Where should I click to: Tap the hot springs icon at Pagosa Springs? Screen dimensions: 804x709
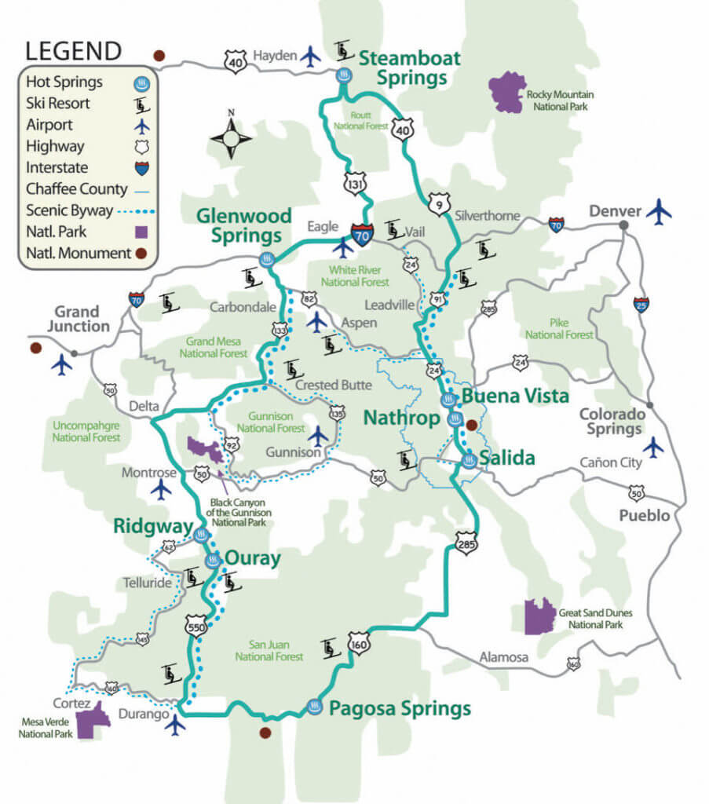click(x=315, y=707)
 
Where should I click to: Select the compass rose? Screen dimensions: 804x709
click(x=231, y=138)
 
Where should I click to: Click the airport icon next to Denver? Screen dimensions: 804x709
click(x=660, y=211)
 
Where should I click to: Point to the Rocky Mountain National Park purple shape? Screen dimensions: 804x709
click(x=507, y=91)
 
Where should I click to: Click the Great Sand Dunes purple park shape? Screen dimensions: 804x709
click(x=539, y=616)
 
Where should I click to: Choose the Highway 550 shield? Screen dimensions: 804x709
click(x=196, y=626)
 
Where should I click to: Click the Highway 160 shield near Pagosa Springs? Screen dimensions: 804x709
click(x=359, y=643)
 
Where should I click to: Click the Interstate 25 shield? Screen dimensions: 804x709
click(x=641, y=304)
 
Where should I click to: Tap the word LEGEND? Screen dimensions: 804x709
click(x=74, y=52)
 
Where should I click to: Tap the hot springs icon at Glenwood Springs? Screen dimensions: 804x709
click(x=268, y=260)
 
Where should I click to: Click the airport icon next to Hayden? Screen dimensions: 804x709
click(x=311, y=57)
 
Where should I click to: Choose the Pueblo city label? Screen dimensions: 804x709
click(x=644, y=515)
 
